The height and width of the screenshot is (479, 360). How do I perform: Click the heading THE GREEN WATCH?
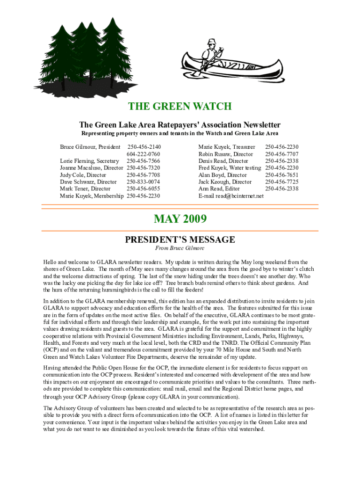click(x=180, y=107)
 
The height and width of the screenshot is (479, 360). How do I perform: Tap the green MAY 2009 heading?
click(x=180, y=218)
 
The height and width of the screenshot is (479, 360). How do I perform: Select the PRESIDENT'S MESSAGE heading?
click(x=180, y=240)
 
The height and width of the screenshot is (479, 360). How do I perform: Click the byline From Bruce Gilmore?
click(x=180, y=248)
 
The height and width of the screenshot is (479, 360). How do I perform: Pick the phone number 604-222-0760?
click(x=143, y=154)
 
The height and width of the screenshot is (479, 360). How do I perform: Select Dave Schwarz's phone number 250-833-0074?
click(x=143, y=182)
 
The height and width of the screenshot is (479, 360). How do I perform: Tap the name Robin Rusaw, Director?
click(x=226, y=154)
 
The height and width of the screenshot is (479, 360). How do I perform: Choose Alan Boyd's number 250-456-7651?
click(x=281, y=175)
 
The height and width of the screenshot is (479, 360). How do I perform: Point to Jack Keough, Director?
click(x=225, y=182)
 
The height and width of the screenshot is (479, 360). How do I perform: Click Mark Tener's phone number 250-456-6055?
click(x=143, y=189)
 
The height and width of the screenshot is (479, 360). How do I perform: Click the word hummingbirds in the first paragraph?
click(x=115, y=290)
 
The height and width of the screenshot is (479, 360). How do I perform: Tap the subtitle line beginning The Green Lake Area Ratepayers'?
click(x=180, y=125)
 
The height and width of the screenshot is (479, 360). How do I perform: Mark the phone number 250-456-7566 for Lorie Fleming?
click(x=143, y=161)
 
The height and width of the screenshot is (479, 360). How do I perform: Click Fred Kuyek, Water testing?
click(x=230, y=168)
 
